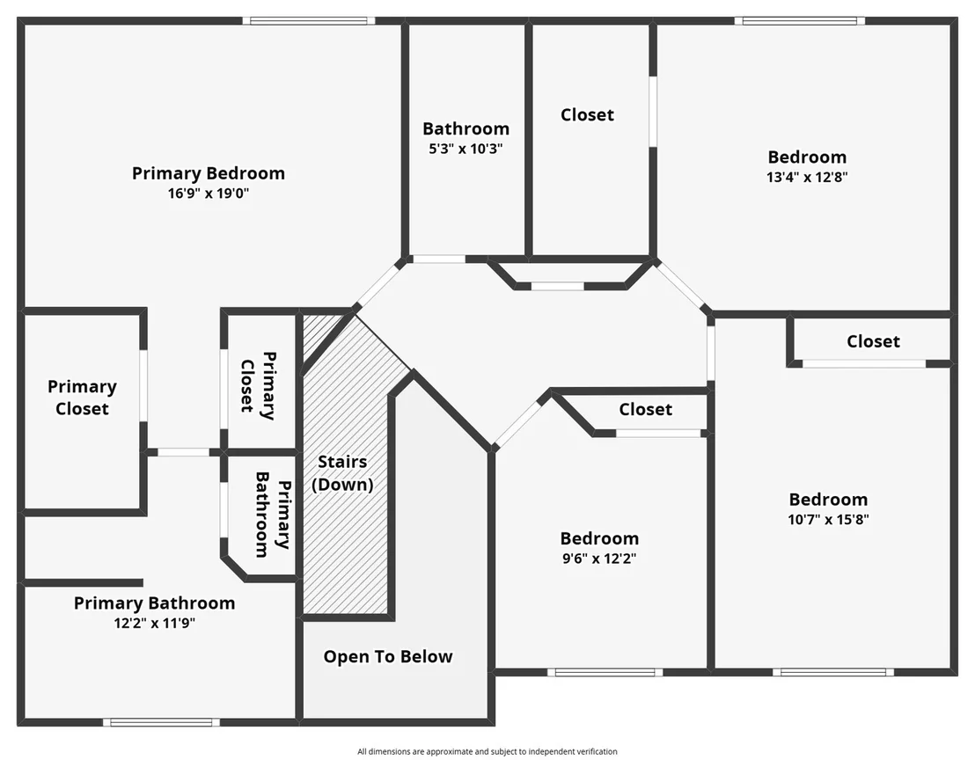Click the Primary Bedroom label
(x=209, y=172)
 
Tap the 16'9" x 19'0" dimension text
(x=209, y=194)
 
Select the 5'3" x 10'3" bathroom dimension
(x=466, y=149)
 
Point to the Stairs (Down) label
(x=342, y=473)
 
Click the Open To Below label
(x=388, y=657)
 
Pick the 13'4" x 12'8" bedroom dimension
(x=807, y=177)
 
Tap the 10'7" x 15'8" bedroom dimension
(x=828, y=520)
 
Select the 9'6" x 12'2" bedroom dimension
(x=599, y=559)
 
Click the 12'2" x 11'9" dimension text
(x=155, y=623)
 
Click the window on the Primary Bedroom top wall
(x=309, y=20)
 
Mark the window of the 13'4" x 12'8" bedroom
(x=800, y=20)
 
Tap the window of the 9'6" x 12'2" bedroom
(x=605, y=672)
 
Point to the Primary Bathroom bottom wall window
(x=161, y=722)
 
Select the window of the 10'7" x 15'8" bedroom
(x=833, y=672)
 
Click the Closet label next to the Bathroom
(x=587, y=115)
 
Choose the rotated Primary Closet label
(x=259, y=385)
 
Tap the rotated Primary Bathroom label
(x=274, y=514)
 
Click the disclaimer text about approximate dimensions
(x=487, y=751)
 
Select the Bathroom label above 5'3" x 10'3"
(x=466, y=128)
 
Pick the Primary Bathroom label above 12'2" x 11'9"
(x=155, y=603)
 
